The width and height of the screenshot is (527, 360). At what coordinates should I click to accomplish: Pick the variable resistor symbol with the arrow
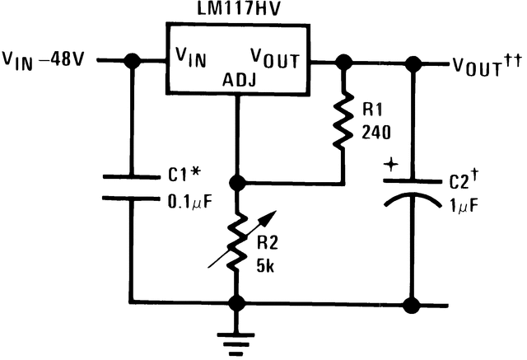237,243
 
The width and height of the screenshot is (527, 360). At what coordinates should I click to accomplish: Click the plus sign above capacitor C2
389,166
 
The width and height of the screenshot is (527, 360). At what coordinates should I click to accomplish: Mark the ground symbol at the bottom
237,337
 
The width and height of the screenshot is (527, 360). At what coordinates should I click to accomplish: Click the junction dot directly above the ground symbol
237,303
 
